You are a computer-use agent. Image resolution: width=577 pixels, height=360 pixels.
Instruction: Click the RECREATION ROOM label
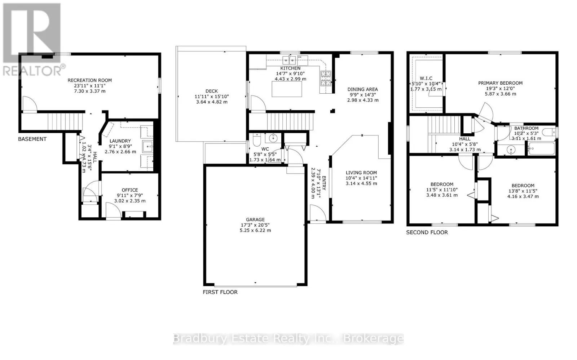90,80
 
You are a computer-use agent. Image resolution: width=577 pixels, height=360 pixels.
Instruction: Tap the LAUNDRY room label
120,141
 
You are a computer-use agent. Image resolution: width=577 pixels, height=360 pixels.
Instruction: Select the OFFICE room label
130,190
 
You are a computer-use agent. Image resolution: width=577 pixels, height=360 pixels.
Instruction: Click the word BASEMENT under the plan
32,139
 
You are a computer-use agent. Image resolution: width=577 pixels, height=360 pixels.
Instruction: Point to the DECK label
212,91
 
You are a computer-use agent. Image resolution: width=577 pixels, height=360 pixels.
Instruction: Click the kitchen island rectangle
287,89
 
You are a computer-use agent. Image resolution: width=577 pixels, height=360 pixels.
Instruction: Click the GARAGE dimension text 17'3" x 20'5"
255,225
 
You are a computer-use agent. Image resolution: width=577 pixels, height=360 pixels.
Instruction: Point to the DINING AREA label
362,89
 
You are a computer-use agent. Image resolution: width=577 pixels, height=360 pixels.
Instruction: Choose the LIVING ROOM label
361,173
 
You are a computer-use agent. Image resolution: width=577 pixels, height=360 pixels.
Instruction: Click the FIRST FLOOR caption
220,292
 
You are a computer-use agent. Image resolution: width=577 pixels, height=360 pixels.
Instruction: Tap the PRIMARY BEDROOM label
500,83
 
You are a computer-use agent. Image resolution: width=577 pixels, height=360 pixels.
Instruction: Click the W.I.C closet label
426,78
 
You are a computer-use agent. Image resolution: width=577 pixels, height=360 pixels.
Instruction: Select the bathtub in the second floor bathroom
541,148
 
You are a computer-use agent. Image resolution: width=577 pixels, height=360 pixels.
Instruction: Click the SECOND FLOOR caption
427,232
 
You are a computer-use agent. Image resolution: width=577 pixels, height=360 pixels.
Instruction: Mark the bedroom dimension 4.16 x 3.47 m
523,196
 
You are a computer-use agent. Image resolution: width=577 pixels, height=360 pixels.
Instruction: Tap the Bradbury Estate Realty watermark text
288,339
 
